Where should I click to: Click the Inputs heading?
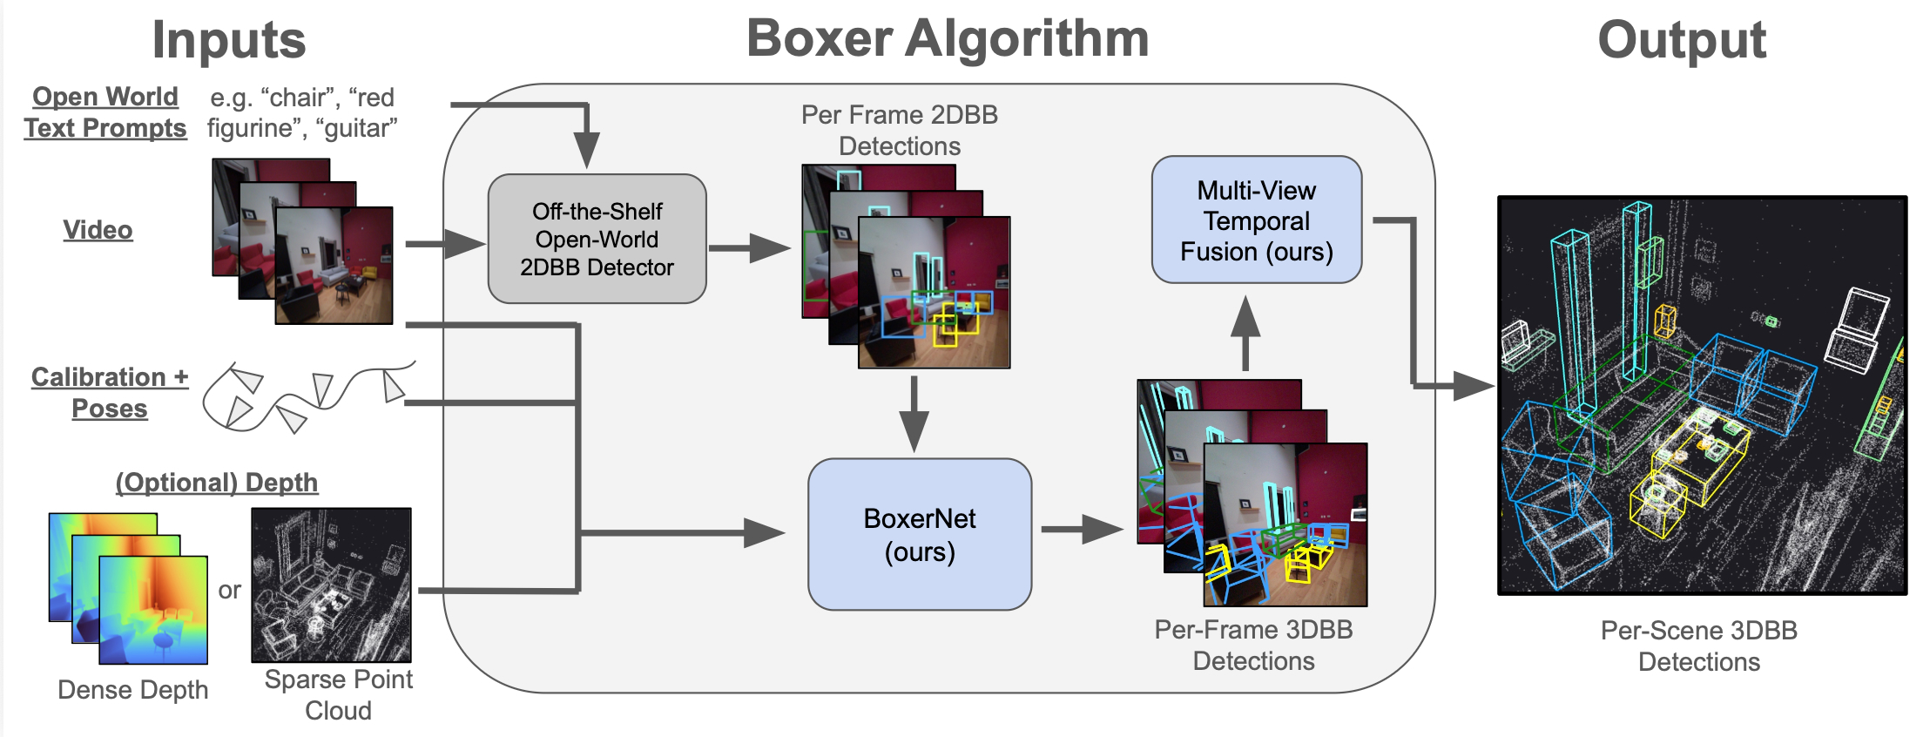tap(229, 40)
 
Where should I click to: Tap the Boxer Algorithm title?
tap(948, 39)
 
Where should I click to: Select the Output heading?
tap(1681, 40)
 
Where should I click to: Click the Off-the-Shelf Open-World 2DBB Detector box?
tap(597, 239)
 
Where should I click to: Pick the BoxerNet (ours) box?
tap(920, 534)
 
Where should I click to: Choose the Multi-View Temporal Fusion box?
tap(1256, 220)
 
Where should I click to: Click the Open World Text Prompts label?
tap(105, 112)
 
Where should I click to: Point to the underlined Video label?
tap(98, 230)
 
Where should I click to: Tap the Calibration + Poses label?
tap(110, 392)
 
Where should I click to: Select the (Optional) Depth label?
tap(217, 483)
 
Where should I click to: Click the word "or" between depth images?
tap(229, 591)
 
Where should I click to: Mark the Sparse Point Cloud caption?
tap(338, 694)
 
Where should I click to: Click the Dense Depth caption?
tap(132, 690)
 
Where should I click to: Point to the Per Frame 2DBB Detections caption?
tap(900, 131)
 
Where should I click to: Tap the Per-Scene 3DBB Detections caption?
tap(1698, 646)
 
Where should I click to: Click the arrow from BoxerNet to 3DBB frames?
tap(1081, 528)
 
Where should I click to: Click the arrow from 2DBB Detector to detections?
tap(748, 248)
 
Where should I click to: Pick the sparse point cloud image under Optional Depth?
tap(331, 585)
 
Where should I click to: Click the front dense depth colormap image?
tap(153, 610)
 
